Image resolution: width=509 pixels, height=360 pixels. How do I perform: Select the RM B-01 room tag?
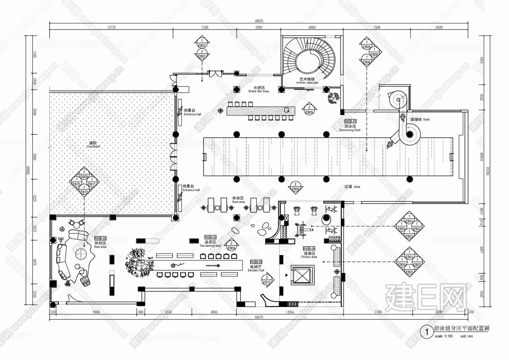[350, 121]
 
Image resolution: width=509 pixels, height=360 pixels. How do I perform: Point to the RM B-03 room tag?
[100, 238]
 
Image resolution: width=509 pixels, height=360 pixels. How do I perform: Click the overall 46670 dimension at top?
[259, 21]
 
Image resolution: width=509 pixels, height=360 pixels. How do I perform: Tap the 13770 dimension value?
[111, 28]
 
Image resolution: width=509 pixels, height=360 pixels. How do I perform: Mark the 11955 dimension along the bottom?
[290, 312]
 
